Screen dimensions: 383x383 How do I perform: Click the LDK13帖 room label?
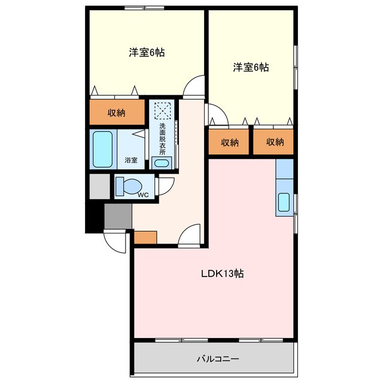(x=221, y=274)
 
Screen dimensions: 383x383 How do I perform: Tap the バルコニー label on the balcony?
(x=218, y=359)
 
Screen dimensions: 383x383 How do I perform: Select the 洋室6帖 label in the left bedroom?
(x=147, y=53)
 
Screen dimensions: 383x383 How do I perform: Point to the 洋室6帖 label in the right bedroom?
(x=251, y=68)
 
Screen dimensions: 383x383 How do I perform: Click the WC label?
(x=142, y=194)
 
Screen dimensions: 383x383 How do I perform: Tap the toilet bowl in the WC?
(x=127, y=186)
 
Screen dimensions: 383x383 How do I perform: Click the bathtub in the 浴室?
(x=102, y=150)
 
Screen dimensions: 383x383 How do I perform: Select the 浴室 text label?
(x=131, y=160)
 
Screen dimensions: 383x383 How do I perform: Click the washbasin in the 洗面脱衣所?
(x=161, y=162)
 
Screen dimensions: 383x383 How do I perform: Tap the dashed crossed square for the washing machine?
(x=162, y=111)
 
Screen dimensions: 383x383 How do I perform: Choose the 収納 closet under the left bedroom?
(x=117, y=113)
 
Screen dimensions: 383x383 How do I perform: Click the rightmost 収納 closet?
(x=274, y=142)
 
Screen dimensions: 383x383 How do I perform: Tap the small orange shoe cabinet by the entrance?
(x=145, y=237)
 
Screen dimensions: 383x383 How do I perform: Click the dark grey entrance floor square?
(x=118, y=215)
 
